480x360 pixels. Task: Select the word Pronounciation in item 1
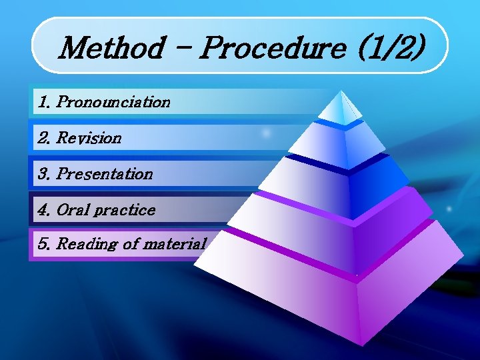click(x=113, y=103)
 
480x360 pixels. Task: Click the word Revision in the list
click(x=89, y=139)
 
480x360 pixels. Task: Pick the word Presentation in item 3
click(x=105, y=174)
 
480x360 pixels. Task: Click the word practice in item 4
click(x=124, y=210)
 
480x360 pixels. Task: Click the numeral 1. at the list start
click(x=44, y=103)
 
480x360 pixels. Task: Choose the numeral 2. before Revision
click(x=45, y=139)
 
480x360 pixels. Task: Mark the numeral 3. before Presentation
click(x=45, y=174)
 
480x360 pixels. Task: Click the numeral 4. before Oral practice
click(x=45, y=210)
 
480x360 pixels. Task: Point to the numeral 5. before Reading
click(x=45, y=244)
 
